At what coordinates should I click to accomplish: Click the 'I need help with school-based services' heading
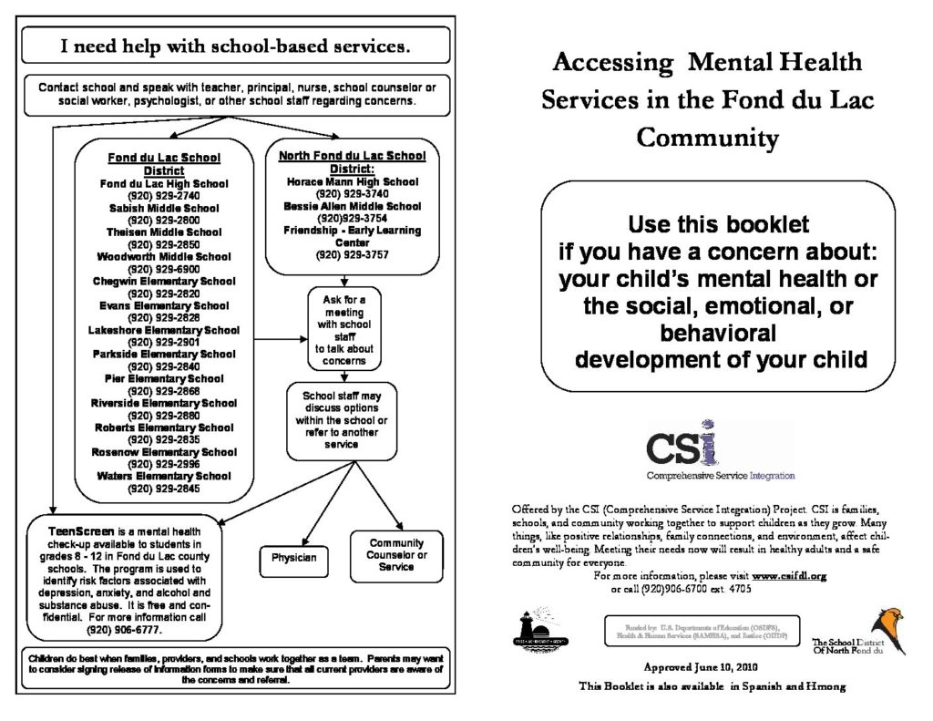(x=235, y=44)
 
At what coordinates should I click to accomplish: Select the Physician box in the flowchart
(x=293, y=558)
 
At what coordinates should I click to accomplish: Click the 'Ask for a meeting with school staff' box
(x=344, y=329)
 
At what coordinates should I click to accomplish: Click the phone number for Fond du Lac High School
(x=164, y=196)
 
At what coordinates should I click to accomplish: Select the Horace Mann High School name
(x=352, y=182)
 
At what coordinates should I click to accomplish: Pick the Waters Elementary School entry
(x=164, y=476)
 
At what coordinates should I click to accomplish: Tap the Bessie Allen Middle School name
(x=352, y=207)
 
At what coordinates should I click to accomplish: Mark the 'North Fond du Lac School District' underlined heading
(x=352, y=162)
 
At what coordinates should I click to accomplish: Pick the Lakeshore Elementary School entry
(x=164, y=330)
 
